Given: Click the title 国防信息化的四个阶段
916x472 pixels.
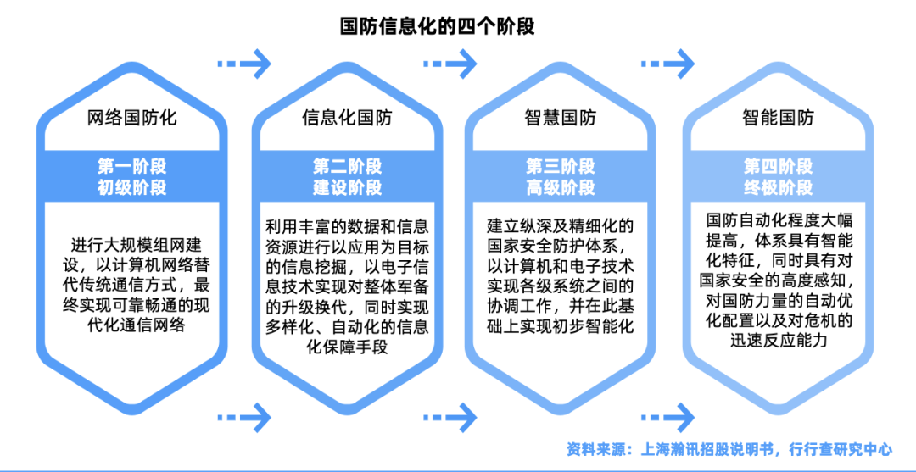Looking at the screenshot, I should (437, 25).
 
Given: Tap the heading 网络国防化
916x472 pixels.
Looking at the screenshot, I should (132, 118).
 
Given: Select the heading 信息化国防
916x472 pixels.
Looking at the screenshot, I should (348, 118).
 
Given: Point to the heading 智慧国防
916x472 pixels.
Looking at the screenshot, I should (560, 118).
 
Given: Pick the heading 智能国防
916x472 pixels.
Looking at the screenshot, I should (778, 118).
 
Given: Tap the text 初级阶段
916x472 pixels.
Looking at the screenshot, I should (132, 187).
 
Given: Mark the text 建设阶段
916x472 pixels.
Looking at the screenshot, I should (348, 187).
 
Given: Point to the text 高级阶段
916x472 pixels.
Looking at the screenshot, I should (560, 187).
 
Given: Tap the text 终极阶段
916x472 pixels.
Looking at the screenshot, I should (778, 187).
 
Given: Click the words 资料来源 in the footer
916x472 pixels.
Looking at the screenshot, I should (594, 448).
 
